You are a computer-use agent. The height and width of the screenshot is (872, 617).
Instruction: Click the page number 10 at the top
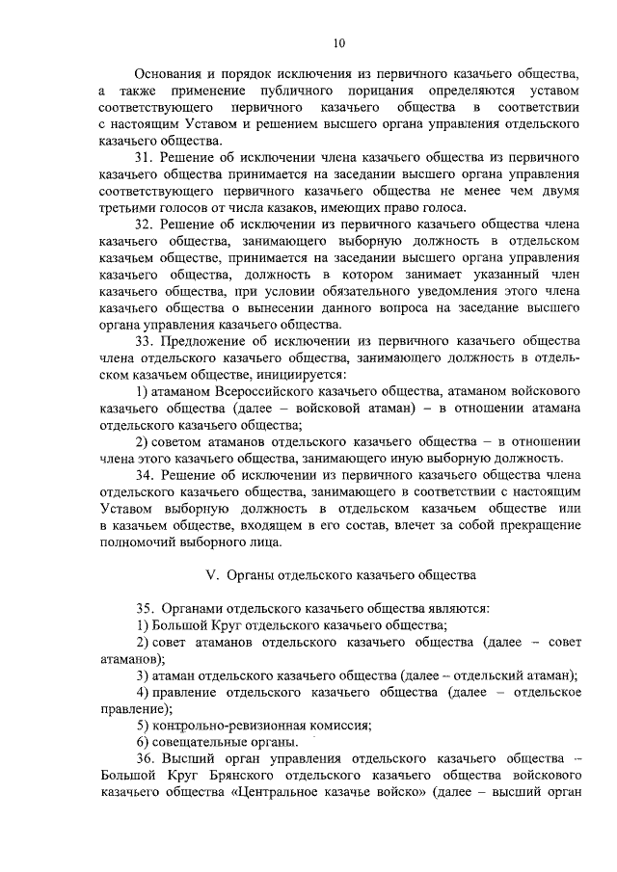tap(337, 42)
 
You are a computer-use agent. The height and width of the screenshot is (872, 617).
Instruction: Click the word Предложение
tap(207, 339)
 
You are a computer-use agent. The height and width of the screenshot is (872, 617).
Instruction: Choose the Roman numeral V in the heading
tap(213, 574)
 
